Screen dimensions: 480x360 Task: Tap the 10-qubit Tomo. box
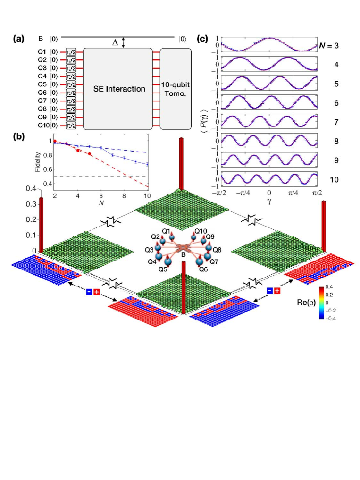click(x=176, y=88)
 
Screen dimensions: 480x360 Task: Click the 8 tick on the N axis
click(x=125, y=194)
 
